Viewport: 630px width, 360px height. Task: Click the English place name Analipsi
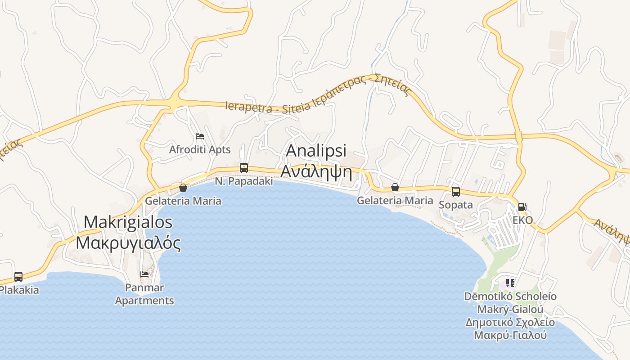pos(316,151)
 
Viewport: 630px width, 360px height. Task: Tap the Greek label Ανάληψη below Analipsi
pos(316,171)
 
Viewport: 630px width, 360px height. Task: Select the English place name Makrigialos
pos(128,222)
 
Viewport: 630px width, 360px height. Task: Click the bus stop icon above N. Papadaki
pos(244,168)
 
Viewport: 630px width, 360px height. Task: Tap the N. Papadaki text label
pos(244,181)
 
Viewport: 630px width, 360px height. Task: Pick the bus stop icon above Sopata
pos(456,192)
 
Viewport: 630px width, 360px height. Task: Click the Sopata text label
pos(456,205)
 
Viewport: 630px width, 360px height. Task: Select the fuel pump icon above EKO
pos(522,207)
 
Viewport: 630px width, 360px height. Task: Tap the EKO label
pos(522,220)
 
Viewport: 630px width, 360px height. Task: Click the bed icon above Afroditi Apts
pos(200,136)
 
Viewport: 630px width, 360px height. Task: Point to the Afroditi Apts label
pos(200,149)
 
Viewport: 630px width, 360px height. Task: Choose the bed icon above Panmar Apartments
pos(144,274)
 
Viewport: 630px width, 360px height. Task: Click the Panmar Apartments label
pos(144,294)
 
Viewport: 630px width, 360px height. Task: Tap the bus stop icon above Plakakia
pos(18,277)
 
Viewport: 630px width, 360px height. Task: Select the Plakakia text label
pos(19,290)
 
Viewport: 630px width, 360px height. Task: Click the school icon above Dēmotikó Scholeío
pos(510,283)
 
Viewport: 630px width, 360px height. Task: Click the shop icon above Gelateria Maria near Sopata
pos(395,187)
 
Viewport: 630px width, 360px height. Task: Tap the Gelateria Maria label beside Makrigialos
pos(183,201)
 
